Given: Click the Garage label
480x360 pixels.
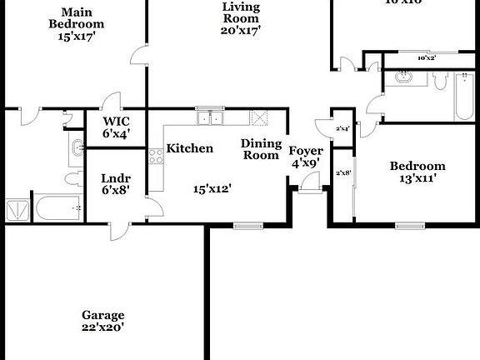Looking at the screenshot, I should click(102, 315).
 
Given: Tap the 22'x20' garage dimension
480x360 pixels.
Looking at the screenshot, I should click(102, 327).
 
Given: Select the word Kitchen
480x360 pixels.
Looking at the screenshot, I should click(190, 148).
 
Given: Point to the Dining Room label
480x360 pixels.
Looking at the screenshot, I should click(260, 149).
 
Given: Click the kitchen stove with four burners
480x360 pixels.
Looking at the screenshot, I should click(155, 155).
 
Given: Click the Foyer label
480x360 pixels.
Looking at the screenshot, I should click(306, 151).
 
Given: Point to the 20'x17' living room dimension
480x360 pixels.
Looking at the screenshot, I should click(242, 30).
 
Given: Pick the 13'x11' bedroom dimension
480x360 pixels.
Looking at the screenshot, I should click(417, 177).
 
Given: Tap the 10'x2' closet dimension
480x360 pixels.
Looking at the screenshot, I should click(427, 58).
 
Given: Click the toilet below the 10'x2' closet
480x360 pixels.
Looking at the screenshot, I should click(441, 79).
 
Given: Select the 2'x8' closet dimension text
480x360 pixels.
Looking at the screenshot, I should click(342, 173).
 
